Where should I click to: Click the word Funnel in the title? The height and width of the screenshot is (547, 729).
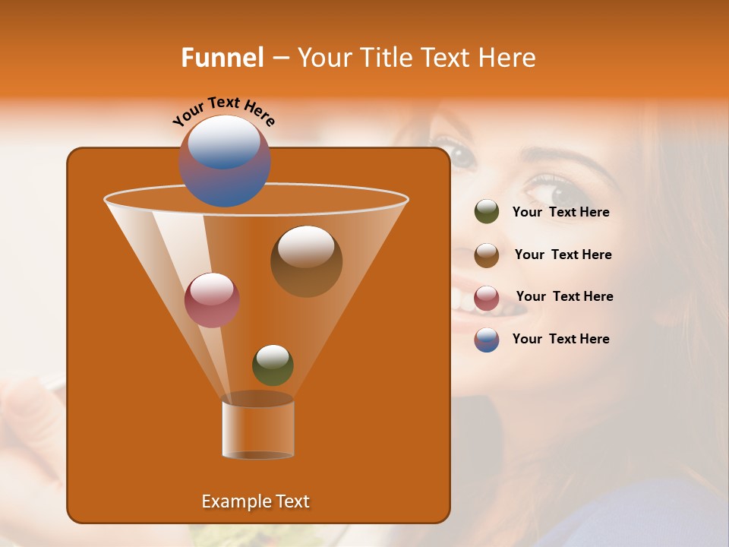(222, 58)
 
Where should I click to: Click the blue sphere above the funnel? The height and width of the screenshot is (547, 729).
(225, 161)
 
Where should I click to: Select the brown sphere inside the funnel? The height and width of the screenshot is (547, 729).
(306, 261)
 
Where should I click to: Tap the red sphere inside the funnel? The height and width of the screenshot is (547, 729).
(212, 300)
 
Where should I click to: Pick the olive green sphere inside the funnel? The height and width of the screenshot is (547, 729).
(273, 365)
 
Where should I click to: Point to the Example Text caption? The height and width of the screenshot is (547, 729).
(255, 501)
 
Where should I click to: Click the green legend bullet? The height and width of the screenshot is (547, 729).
(487, 212)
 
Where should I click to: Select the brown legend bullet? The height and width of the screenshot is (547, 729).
(487, 255)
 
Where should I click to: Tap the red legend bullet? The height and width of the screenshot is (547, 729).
(487, 297)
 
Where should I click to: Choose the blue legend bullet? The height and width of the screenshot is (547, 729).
(487, 340)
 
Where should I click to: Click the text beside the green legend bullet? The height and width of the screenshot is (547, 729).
(560, 213)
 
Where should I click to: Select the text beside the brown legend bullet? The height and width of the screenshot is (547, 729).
(563, 255)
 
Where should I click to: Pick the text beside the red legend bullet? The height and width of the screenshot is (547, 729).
(564, 297)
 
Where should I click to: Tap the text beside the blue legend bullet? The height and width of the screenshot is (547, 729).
(560, 340)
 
